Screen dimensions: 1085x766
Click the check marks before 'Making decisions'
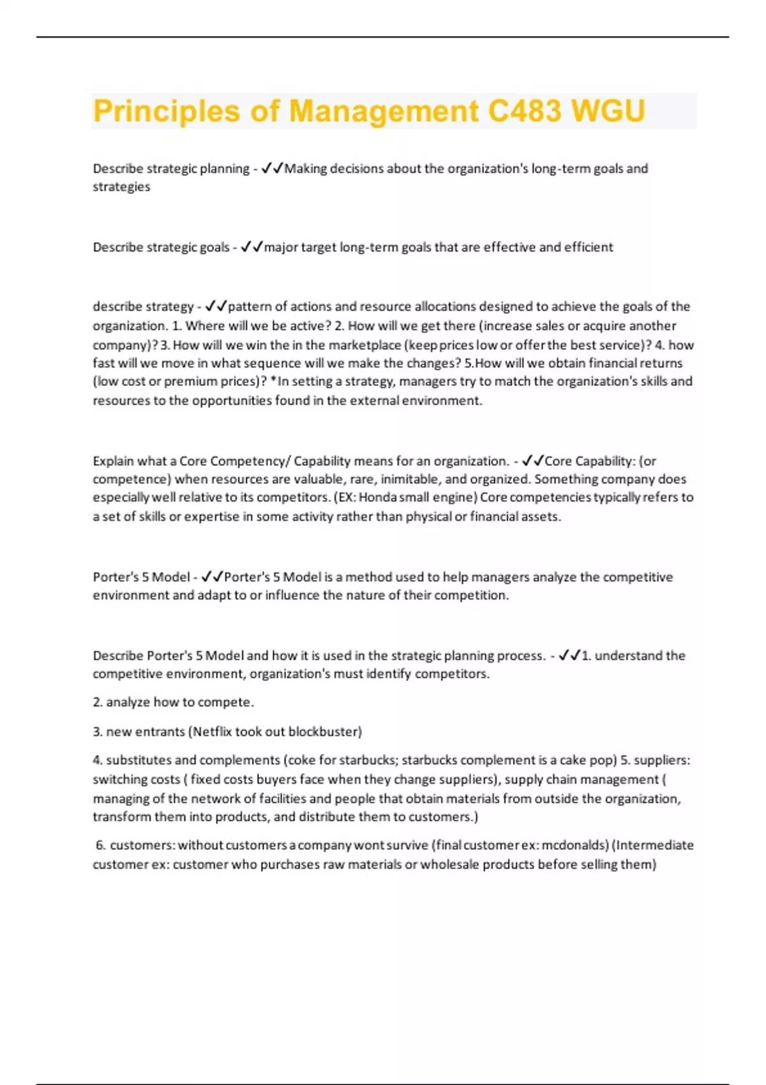pos(272,168)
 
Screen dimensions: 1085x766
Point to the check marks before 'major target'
pos(252,247)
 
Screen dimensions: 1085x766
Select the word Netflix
pos(213,731)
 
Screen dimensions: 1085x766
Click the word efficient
pos(588,247)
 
